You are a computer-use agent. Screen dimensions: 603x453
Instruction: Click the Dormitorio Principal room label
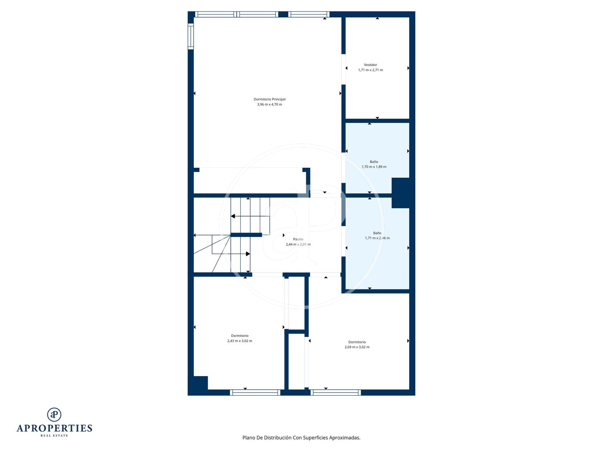tap(269, 99)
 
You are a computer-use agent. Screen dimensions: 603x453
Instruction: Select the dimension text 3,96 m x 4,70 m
tap(269, 104)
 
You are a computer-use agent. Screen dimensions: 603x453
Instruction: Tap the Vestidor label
tap(370, 65)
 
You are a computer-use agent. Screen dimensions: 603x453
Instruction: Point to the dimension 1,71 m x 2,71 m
tap(370, 70)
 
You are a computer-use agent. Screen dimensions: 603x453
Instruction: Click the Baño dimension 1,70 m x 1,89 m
tap(373, 167)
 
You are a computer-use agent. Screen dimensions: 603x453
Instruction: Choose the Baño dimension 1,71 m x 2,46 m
tap(377, 238)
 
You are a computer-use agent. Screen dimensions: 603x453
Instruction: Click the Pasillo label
tap(298, 239)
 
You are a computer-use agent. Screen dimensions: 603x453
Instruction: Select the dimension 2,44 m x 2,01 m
tap(298, 244)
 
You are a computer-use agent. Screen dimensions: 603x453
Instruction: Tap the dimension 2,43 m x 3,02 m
tap(239, 341)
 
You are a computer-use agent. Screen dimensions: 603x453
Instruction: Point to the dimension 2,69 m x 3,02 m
tap(357, 347)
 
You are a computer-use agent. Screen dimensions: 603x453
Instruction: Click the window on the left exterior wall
tap(191, 36)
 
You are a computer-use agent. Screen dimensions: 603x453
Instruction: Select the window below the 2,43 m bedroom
tap(255, 393)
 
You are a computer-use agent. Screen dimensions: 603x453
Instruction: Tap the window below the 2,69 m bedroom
tap(336, 393)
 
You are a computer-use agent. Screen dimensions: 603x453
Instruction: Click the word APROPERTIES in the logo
tap(54, 428)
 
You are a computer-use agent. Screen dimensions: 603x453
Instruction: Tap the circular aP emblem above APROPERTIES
tap(54, 415)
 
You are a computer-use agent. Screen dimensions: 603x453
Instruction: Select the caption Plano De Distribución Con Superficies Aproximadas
tap(301, 437)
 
